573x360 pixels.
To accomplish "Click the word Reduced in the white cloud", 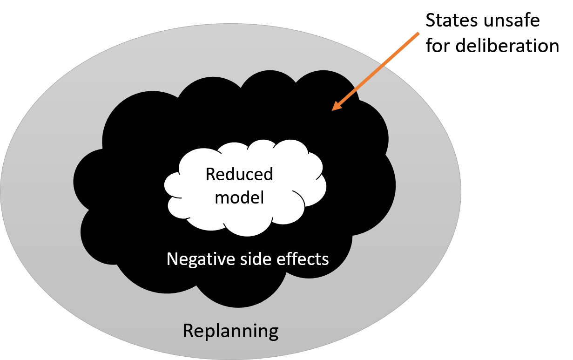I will [239, 175].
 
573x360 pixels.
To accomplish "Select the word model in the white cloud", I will [239, 197].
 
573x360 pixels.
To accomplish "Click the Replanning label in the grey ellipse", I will [230, 331].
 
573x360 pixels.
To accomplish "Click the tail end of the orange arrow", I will [419, 33].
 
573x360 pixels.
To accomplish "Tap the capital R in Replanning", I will [188, 331].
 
